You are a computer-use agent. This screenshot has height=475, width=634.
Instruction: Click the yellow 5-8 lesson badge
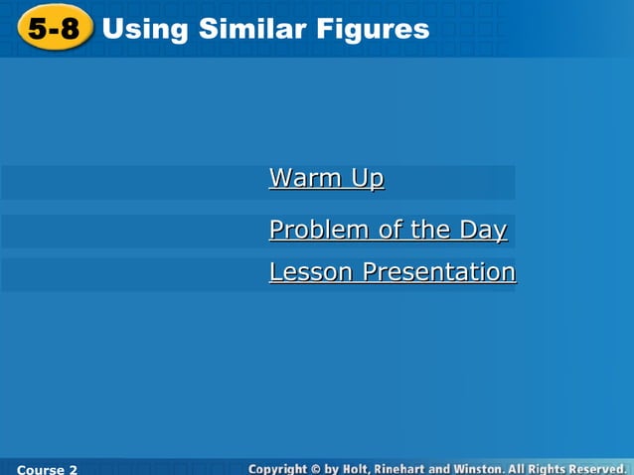(55, 29)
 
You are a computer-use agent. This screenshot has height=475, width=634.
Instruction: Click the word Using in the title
(145, 30)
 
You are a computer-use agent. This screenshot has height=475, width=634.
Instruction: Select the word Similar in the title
(248, 29)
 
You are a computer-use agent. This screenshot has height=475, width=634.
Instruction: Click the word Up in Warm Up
(366, 178)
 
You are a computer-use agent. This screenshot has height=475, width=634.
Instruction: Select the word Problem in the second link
(319, 231)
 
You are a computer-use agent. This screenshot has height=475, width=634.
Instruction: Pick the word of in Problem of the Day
(390, 231)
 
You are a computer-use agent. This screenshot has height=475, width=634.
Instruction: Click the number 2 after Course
(74, 468)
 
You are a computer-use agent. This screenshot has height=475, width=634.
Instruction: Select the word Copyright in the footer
(277, 467)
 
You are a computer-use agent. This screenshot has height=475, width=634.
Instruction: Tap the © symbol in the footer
(315, 467)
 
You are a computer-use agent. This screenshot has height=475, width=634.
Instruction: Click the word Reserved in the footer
(598, 467)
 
